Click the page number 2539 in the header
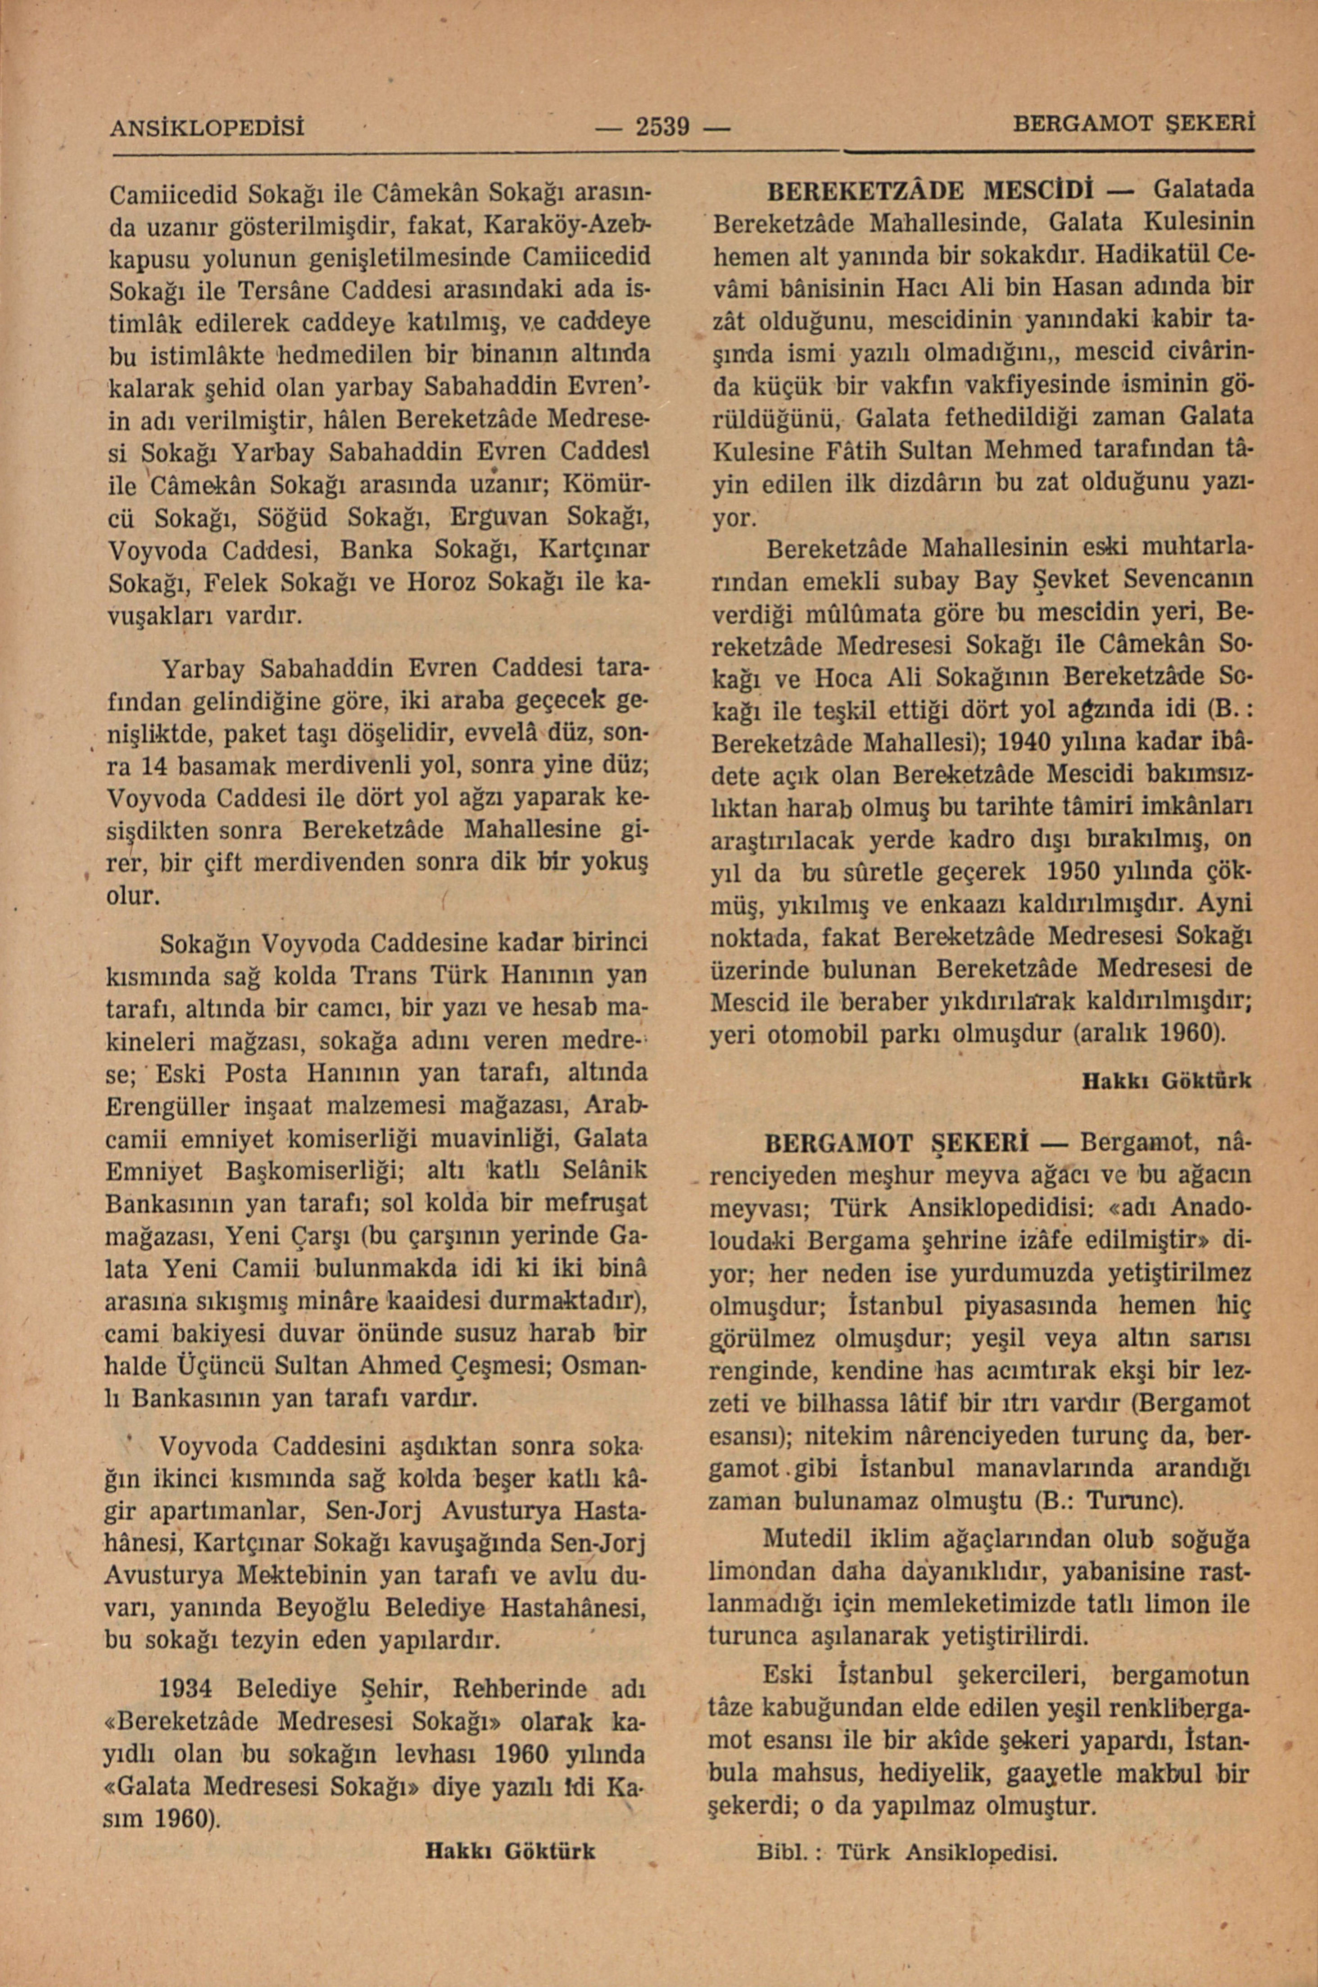[661, 128]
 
